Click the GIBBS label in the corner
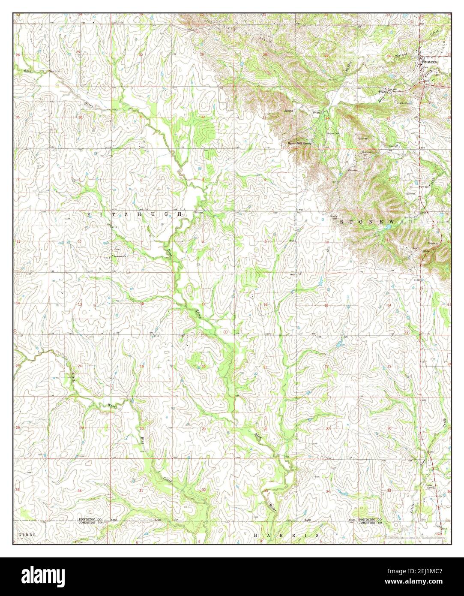coord(26,536)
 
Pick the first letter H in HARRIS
coord(256,536)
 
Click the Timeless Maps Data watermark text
coord(415,536)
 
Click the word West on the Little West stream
coord(112,405)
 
